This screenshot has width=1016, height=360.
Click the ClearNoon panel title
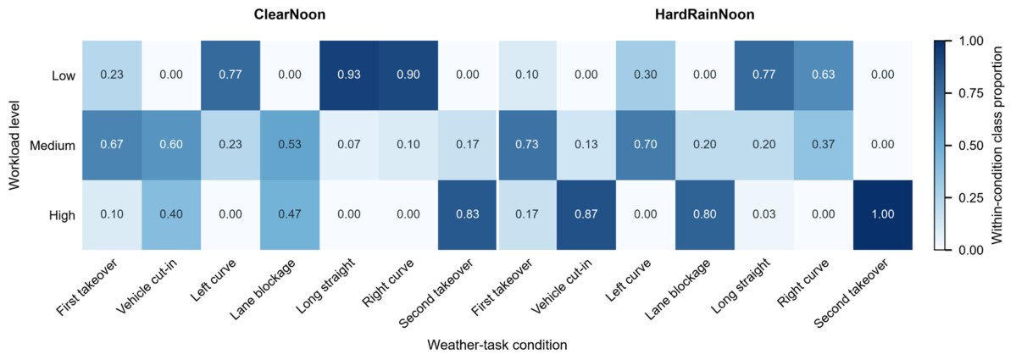[290, 15]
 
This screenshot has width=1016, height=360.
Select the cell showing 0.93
[349, 75]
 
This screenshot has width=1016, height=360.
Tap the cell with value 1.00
[883, 215]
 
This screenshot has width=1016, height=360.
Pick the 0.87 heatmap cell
[586, 215]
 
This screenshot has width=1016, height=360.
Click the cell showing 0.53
[290, 145]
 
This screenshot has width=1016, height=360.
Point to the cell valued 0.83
[468, 215]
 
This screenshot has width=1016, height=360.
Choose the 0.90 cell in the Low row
[408, 75]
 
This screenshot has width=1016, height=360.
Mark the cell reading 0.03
[764, 215]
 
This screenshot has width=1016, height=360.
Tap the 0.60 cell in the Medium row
[171, 145]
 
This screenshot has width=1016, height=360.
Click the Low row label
[64, 75]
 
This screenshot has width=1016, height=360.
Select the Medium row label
[53, 146]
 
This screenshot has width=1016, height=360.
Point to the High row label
[63, 216]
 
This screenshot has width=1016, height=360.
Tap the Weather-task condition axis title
[497, 345]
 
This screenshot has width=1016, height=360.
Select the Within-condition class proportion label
[999, 145]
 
